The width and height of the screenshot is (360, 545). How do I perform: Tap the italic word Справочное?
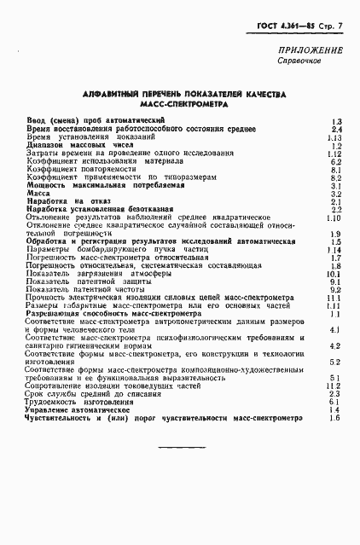point(299,63)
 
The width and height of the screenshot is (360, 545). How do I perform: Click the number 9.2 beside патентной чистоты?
point(335,290)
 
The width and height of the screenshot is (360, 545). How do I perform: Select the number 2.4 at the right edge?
point(335,130)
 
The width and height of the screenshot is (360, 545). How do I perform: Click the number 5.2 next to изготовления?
point(335,362)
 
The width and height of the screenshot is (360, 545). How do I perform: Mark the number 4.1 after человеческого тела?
point(335,329)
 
